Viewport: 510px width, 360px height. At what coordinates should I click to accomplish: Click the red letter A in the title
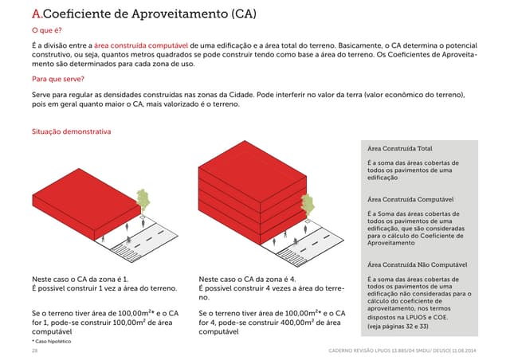click(36, 14)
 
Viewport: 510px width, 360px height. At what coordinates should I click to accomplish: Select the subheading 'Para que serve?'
click(58, 80)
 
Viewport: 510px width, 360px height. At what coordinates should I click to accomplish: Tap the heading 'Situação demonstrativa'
click(70, 131)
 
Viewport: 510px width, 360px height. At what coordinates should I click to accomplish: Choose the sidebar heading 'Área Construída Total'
click(399, 149)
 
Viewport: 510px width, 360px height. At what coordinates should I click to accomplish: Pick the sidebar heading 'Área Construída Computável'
click(410, 199)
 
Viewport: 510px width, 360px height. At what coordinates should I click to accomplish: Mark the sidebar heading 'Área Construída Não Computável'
click(417, 264)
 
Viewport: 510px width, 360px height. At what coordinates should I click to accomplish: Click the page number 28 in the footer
click(34, 350)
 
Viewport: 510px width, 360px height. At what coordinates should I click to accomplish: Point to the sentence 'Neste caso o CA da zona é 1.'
click(80, 280)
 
